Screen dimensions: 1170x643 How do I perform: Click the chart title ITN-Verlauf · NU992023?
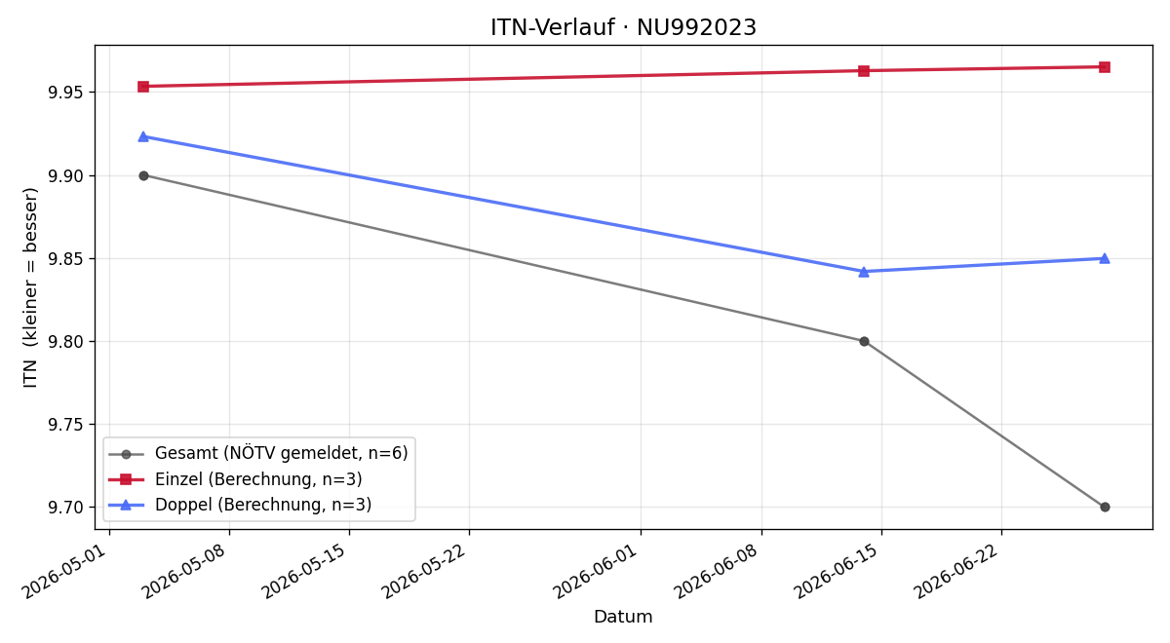(x=623, y=27)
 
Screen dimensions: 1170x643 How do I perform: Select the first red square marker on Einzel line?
(x=143, y=86)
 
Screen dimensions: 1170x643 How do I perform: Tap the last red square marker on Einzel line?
(x=1104, y=67)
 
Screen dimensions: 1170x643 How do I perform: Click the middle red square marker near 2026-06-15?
(x=864, y=70)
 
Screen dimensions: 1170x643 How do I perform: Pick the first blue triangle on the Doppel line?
(x=143, y=136)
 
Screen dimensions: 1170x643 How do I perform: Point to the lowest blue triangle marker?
(x=864, y=272)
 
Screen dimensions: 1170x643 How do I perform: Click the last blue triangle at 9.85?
(x=1104, y=258)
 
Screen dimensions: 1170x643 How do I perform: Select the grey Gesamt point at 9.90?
(x=143, y=175)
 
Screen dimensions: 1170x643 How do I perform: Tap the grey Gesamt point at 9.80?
(x=864, y=341)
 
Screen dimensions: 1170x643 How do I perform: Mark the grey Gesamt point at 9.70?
(x=1104, y=507)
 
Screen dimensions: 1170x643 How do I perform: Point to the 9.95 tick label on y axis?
(x=65, y=93)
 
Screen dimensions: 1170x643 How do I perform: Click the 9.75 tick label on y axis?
(x=65, y=425)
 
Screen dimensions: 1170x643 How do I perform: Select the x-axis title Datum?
(x=623, y=617)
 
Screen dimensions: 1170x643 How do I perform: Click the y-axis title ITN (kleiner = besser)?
(x=30, y=287)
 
